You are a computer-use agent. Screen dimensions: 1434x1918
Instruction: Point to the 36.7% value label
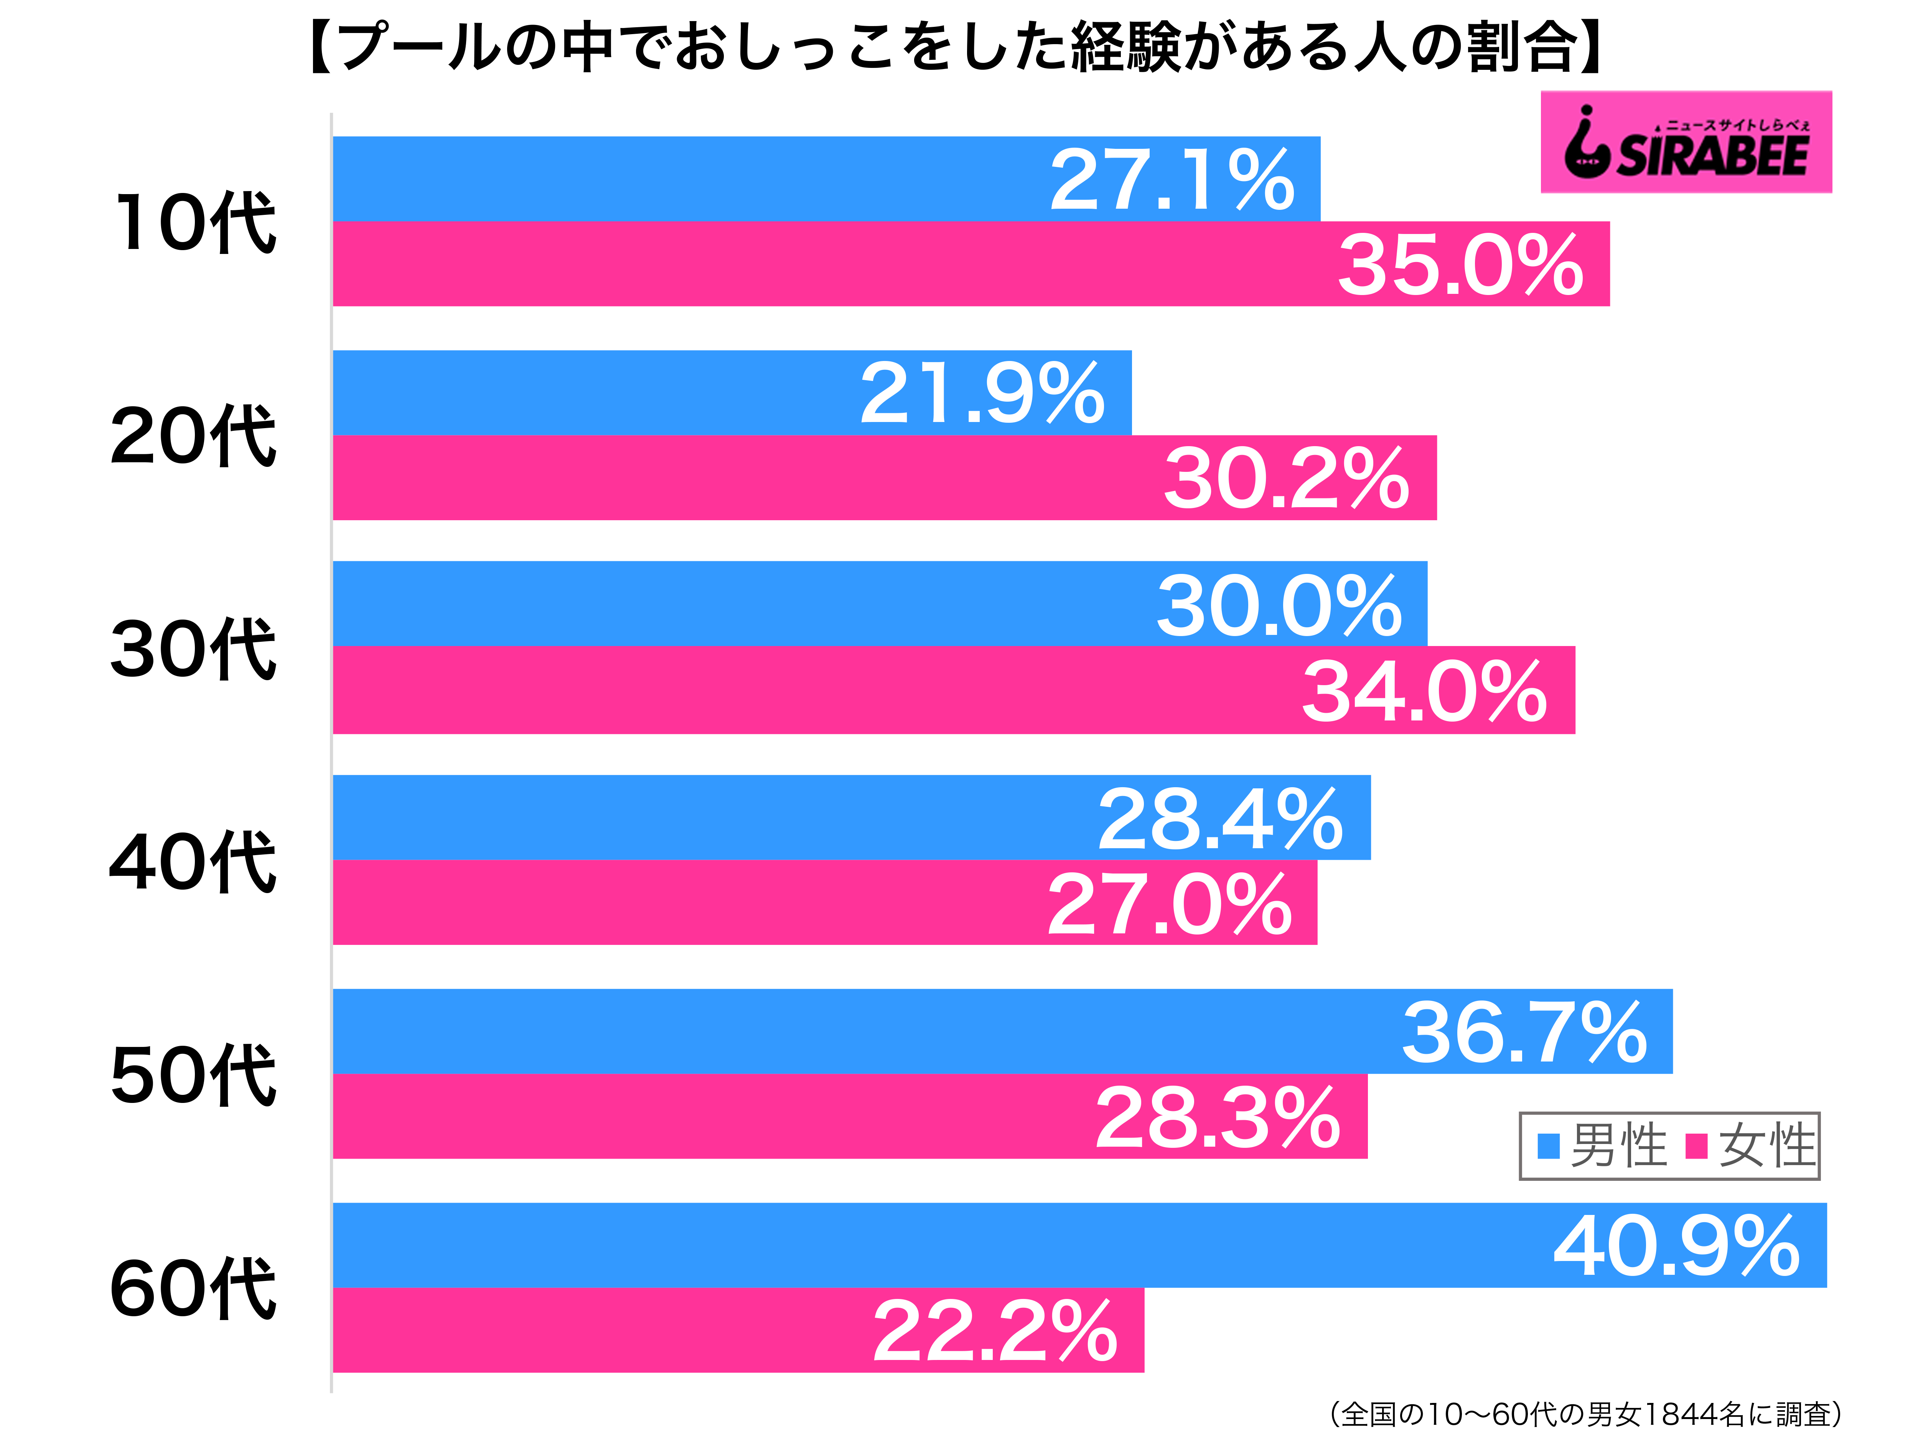(1524, 1033)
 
